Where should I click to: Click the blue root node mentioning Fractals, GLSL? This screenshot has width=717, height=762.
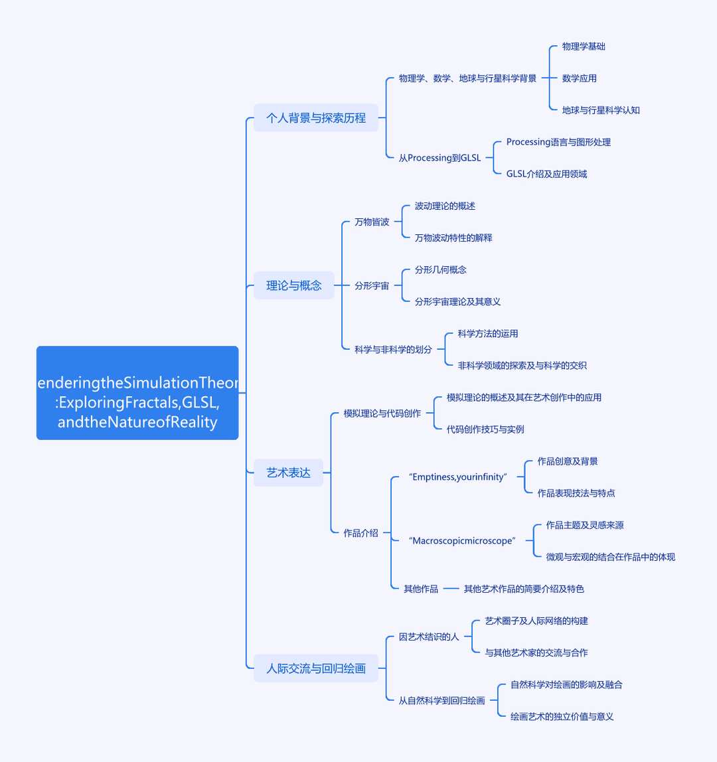137,393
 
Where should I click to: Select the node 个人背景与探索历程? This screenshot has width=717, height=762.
316,117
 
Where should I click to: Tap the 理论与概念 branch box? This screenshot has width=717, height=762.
294,285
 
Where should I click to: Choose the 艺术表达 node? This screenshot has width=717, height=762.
288,473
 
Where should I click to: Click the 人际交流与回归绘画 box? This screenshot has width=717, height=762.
316,668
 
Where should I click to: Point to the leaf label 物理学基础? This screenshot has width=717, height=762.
584,46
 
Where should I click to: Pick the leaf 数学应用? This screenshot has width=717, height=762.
580,78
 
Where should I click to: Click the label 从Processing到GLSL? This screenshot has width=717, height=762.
439,157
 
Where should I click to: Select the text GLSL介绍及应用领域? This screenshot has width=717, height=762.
547,173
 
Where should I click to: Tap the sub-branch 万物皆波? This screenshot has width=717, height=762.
372,222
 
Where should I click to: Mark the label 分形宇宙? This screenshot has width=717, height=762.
372,285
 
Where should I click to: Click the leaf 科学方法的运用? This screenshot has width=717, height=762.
488,333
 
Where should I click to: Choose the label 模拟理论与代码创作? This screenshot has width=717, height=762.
382,413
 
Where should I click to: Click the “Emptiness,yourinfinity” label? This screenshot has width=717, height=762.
458,477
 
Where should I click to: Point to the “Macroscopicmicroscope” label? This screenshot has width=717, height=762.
462,540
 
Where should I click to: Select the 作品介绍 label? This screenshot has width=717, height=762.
360,532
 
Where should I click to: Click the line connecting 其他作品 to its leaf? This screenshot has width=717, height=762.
451,589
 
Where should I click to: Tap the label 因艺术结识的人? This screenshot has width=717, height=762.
429,636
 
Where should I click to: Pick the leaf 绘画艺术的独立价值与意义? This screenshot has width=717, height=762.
562,716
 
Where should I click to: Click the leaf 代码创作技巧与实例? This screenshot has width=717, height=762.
485,429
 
